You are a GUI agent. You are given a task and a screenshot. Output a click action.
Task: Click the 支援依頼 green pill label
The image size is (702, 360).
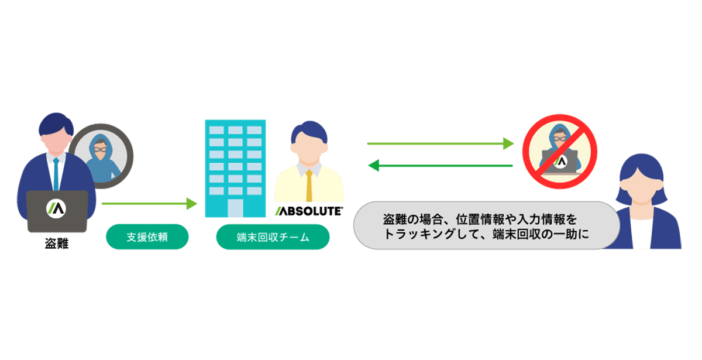(147, 237)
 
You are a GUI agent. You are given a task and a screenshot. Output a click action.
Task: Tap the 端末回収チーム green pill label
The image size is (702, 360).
(272, 237)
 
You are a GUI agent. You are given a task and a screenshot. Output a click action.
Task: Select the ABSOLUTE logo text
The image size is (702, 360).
(308, 211)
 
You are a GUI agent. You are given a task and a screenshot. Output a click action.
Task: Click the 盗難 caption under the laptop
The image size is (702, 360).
(57, 244)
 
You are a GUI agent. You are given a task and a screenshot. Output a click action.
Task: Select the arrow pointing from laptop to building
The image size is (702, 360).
(150, 204)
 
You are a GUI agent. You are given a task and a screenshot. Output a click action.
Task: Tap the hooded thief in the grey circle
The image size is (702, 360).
(101, 154)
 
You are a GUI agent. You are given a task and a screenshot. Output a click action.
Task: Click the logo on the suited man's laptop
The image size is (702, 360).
(57, 208)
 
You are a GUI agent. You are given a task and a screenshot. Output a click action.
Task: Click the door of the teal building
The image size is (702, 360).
(235, 208)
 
